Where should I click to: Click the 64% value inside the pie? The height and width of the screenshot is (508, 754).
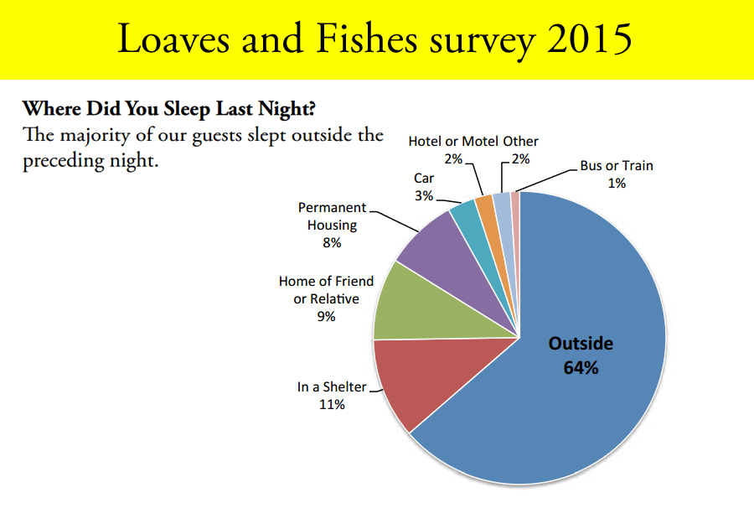[x=581, y=366]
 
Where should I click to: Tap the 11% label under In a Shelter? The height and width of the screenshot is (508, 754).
[x=332, y=405]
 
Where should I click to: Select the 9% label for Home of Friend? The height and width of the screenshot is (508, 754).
[x=326, y=316]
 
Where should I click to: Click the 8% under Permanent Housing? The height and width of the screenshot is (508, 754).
[x=332, y=242]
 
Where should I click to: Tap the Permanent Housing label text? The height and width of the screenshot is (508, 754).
[x=332, y=215]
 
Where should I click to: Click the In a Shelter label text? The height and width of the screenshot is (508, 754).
[x=332, y=387]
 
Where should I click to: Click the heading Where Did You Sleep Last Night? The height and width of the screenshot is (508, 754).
[x=169, y=109]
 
